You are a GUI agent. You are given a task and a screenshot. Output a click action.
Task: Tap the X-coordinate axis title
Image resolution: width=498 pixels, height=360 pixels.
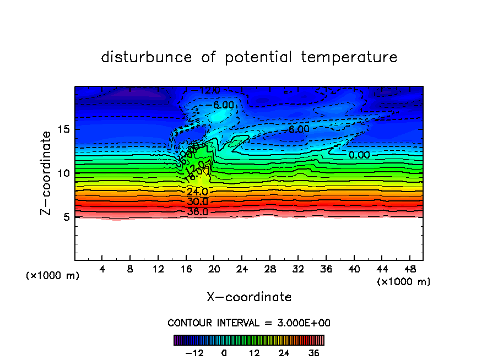pos(249,297)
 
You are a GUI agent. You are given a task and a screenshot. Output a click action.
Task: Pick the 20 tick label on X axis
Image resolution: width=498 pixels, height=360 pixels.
pos(214,269)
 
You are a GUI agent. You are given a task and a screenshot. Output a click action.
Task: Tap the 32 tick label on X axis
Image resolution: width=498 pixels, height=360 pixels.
pos(297,269)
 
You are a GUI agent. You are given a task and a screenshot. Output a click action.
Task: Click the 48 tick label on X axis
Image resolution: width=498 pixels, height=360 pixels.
pos(409,269)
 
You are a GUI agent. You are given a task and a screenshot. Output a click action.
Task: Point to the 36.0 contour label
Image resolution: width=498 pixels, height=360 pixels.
pos(197,212)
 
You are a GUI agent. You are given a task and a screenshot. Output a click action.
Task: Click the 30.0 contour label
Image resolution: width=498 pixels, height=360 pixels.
pos(197,201)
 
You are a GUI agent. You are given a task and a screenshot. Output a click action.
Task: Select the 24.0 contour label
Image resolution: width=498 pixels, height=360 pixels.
pos(197,192)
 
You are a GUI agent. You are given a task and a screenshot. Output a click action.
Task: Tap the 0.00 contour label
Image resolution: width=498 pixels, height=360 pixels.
pos(359,155)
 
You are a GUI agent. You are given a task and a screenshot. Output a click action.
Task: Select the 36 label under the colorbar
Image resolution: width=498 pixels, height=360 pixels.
pos(314,353)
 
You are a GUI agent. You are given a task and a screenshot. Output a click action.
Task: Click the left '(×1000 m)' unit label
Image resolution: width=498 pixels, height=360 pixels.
pos(53,276)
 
